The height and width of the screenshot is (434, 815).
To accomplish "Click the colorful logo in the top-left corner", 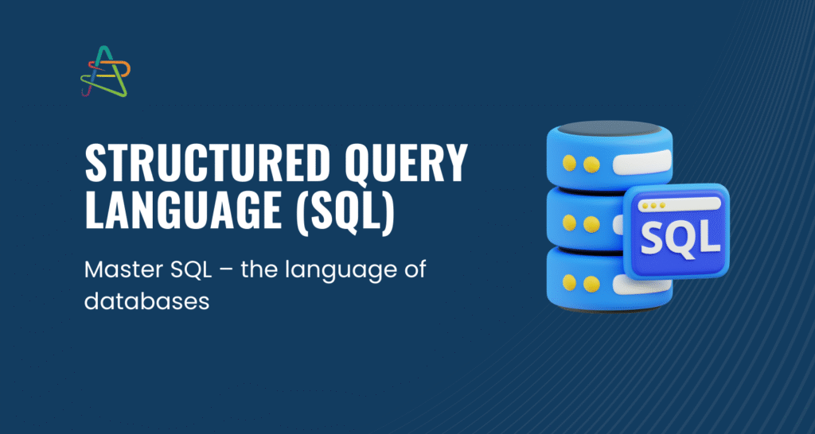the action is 105,72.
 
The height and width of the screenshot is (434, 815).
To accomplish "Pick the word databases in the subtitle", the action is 146,301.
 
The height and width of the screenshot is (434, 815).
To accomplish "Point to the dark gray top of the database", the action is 609,128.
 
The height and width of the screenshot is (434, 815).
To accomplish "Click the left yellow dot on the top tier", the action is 570,163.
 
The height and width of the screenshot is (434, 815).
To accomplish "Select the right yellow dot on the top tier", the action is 591,164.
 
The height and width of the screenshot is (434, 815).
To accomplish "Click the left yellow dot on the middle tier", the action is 570,223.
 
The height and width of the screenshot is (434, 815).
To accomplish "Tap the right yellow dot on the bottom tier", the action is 591,284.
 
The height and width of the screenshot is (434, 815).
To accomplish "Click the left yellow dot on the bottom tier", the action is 570,282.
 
